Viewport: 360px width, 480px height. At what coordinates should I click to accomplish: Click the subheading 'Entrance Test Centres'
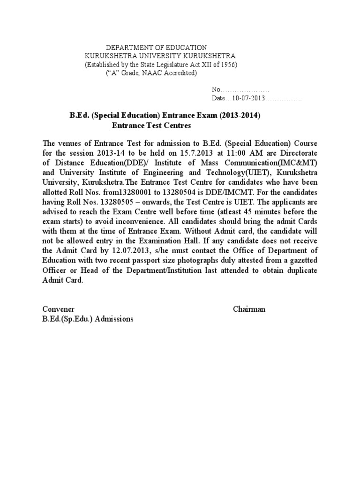point(151,126)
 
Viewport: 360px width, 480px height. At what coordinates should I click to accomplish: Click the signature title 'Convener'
point(59,309)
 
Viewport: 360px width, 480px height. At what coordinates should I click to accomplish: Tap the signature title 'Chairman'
point(249,309)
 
